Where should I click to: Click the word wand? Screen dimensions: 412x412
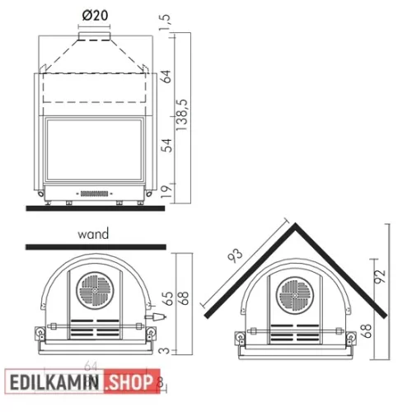(91, 234)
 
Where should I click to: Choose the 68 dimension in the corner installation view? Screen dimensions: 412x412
(363, 332)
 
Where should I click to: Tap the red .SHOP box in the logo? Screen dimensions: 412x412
(130, 383)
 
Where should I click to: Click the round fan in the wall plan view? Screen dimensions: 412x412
(91, 290)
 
